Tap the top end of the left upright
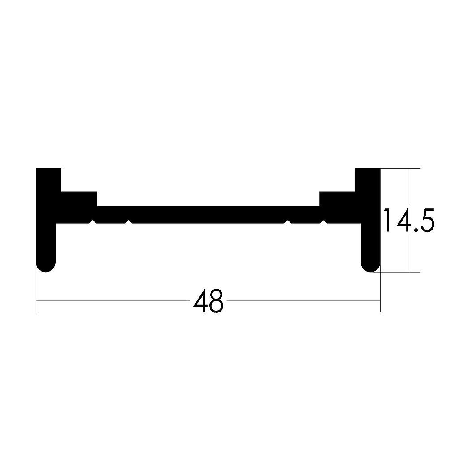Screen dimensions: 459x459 [x=48, y=171]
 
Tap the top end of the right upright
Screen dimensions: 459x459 [x=368, y=171]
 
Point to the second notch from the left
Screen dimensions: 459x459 [x=129, y=221]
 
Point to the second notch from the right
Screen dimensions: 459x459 [x=288, y=221]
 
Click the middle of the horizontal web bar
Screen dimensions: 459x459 [x=208, y=214]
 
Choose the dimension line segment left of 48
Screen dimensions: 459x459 [x=112, y=301]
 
